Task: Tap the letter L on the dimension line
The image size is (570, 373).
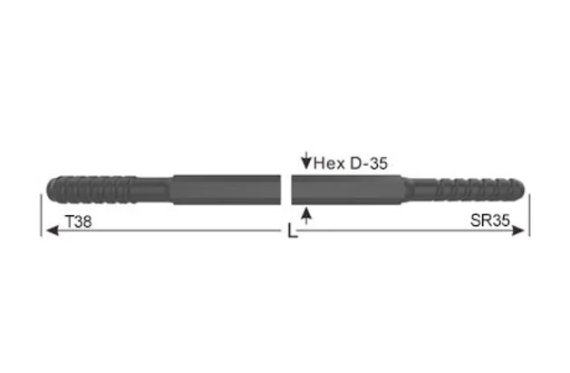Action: click(x=290, y=232)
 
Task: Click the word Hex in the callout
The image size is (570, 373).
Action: click(x=327, y=163)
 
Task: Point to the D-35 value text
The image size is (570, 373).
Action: click(x=367, y=163)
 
